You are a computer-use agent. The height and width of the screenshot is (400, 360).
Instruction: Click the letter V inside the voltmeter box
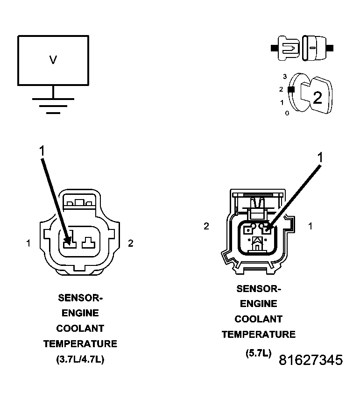click(53, 60)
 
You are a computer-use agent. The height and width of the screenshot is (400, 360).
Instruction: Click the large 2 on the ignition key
click(318, 98)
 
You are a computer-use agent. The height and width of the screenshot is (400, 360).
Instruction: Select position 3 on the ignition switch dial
click(285, 76)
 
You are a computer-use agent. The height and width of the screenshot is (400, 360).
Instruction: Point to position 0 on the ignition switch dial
click(287, 113)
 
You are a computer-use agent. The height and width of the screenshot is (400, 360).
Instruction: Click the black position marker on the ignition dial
click(291, 89)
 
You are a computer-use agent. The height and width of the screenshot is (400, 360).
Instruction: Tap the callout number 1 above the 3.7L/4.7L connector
click(42, 150)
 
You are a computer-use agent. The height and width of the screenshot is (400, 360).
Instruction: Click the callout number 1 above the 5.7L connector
click(320, 157)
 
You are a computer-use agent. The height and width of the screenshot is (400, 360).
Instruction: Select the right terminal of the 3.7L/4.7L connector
click(88, 243)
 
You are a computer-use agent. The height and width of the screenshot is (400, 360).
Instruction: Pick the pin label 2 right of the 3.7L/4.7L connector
click(131, 243)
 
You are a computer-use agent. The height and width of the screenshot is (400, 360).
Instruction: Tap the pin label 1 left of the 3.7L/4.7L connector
click(28, 243)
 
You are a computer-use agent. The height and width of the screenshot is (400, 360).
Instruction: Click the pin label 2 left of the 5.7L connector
click(206, 226)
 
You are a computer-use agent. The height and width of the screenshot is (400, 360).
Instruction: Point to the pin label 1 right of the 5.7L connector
click(310, 226)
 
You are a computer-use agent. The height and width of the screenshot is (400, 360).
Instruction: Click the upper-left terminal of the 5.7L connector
click(248, 229)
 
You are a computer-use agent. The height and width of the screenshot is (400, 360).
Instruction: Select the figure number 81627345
click(311, 360)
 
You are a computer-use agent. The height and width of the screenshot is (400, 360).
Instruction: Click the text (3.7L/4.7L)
click(80, 359)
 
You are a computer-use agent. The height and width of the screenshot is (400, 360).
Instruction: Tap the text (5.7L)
click(258, 353)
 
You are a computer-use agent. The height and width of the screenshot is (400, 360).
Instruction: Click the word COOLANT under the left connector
click(80, 329)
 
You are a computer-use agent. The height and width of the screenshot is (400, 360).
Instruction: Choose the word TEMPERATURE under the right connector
click(259, 334)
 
